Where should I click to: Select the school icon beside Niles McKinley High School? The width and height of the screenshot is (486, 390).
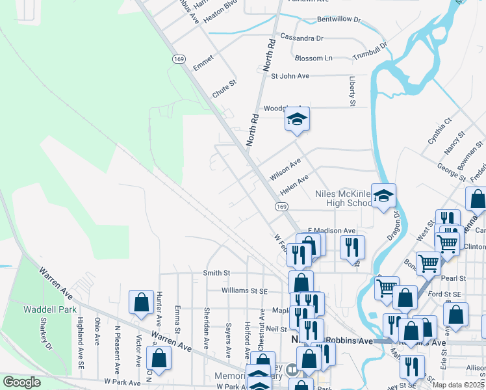pyautogui.click(x=383, y=196)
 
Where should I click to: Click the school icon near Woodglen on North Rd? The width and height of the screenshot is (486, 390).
pyautogui.click(x=297, y=119)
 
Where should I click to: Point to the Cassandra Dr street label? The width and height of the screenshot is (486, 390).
pyautogui.click(x=301, y=38)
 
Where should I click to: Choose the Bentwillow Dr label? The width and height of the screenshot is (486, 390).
pyautogui.click(x=339, y=20)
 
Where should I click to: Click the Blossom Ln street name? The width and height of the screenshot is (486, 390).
pyautogui.click(x=313, y=58)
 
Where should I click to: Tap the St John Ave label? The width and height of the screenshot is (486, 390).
pyautogui.click(x=290, y=76)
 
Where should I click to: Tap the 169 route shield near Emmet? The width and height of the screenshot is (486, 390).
pyautogui.click(x=179, y=59)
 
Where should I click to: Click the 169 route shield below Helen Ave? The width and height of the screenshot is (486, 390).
pyautogui.click(x=281, y=207)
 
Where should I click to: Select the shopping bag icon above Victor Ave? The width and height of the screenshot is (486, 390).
pyautogui.click(x=141, y=302)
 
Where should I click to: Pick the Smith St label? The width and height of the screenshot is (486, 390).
pyautogui.click(x=217, y=273)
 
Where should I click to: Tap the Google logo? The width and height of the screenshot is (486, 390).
pyautogui.click(x=22, y=383)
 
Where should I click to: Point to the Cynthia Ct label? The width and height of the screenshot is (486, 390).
pyautogui.click(x=439, y=131)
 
